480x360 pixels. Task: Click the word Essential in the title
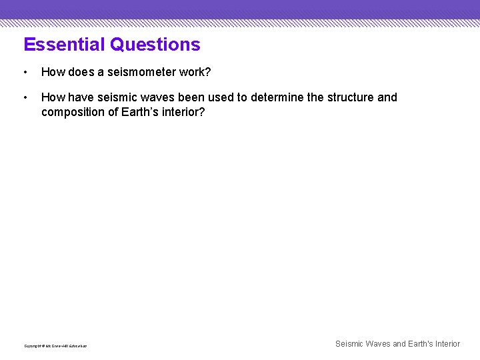(x=65, y=45)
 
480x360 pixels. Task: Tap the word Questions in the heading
(x=155, y=45)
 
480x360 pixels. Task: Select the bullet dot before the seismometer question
(x=25, y=71)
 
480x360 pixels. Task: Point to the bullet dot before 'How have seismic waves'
(x=25, y=97)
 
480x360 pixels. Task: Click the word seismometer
(x=139, y=71)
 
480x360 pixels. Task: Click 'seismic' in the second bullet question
(x=120, y=97)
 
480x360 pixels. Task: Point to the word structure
(x=350, y=97)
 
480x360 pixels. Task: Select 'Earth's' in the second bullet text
(x=140, y=111)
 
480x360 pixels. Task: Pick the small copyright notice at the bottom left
(x=55, y=346)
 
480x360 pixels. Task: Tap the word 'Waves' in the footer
(x=377, y=344)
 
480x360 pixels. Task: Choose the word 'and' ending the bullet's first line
(x=387, y=97)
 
